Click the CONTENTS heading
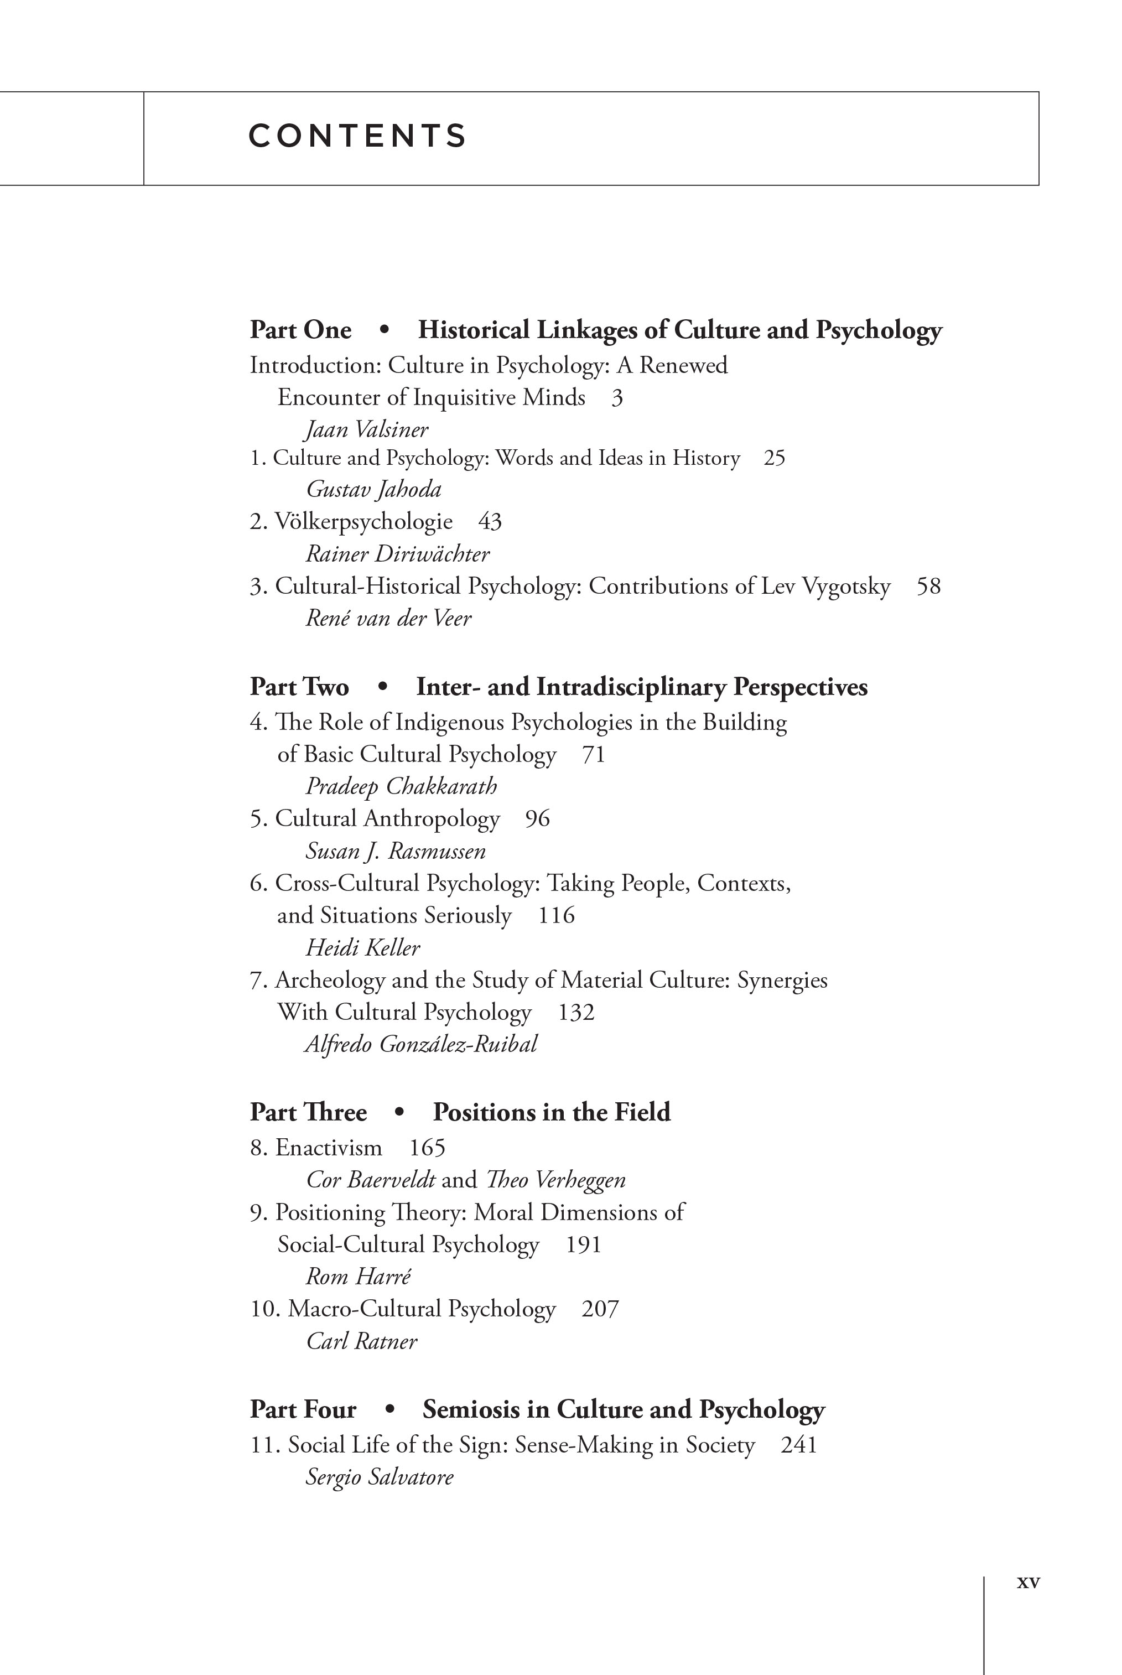(x=357, y=136)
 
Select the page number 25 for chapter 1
(x=773, y=458)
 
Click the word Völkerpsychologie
(x=363, y=522)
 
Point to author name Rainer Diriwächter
(x=397, y=554)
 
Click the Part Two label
(x=299, y=687)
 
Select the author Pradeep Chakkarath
(x=401, y=786)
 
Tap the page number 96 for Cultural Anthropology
(x=537, y=818)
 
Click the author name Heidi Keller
(x=363, y=948)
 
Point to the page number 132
(x=576, y=1013)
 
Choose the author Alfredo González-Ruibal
(x=420, y=1045)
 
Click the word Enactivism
(x=329, y=1148)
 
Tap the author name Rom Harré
(x=359, y=1277)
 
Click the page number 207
(x=600, y=1309)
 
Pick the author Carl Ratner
(x=361, y=1341)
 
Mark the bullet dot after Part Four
(x=389, y=1409)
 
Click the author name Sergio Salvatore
(x=379, y=1477)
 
